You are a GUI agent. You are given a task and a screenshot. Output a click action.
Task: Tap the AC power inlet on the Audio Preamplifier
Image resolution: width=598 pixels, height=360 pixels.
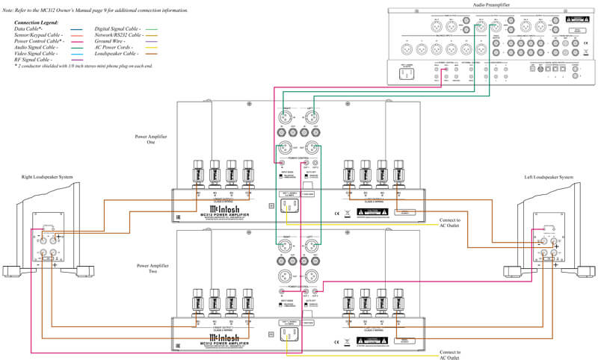[408, 73]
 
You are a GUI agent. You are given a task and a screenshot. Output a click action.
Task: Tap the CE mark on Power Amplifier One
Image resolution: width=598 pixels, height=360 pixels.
[337, 214]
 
